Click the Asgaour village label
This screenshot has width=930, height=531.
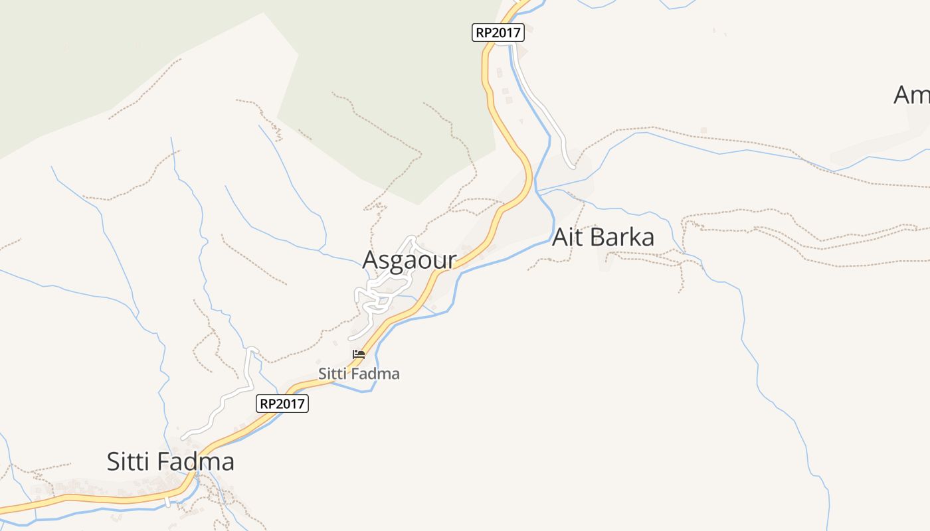[409, 260]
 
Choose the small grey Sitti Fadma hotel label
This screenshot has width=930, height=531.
[359, 374]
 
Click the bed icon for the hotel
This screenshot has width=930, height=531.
[359, 354]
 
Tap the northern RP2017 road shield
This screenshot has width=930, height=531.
[498, 32]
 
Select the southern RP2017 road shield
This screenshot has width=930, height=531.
[282, 403]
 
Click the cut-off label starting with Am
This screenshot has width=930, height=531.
[911, 95]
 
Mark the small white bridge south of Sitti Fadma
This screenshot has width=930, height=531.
[167, 501]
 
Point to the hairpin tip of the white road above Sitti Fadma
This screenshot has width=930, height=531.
[252, 348]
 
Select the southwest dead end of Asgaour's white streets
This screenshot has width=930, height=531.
[350, 339]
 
